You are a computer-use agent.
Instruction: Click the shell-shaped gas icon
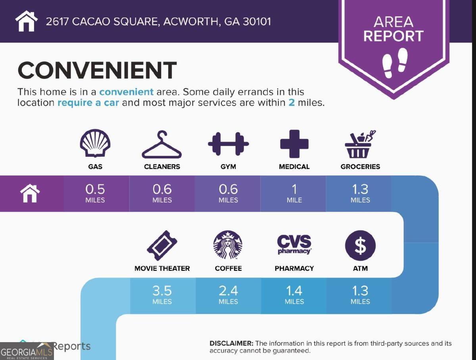coord(95,144)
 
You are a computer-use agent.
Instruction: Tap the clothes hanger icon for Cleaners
coord(161,145)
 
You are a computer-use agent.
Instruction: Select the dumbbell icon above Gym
coord(228,144)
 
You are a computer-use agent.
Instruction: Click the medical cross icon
coord(294,144)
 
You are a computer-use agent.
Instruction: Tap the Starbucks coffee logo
coord(228,245)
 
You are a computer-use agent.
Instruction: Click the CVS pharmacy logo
coord(294,244)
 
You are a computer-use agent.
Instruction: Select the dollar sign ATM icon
coord(360,245)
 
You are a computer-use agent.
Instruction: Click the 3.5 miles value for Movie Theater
coord(162,295)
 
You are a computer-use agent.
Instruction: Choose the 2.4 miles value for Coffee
coord(228,295)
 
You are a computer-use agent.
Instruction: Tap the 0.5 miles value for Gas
coord(95,193)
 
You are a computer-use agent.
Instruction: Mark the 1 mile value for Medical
coord(294,193)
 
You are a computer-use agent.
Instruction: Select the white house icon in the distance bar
coord(30,193)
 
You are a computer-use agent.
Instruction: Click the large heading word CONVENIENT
coord(97,71)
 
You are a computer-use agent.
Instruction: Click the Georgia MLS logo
coord(27,352)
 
